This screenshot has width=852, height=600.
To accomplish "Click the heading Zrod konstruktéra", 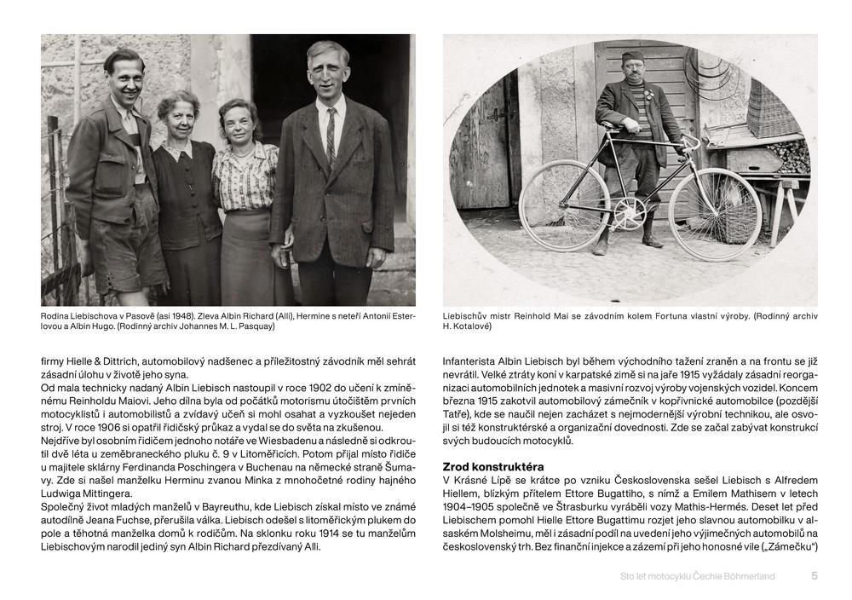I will (493, 467).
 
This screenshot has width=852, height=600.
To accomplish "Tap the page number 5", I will (815, 576).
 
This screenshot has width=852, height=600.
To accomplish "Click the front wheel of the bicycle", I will (715, 216).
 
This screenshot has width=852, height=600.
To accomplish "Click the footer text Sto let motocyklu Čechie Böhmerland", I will (698, 577).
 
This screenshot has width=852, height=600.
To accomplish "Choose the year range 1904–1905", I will (470, 507).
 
